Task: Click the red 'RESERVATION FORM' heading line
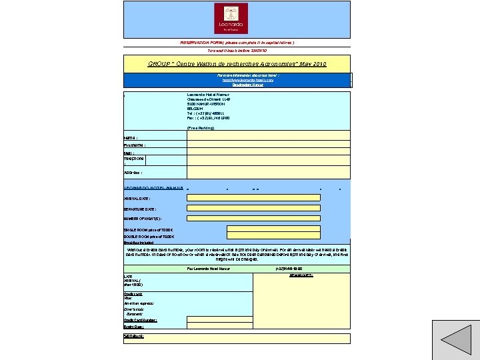point(237,42)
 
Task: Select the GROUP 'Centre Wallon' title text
point(237,63)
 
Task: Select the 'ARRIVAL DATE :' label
point(137,198)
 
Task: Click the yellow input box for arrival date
point(253,198)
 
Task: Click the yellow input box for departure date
point(253,209)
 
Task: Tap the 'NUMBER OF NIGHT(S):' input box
point(253,218)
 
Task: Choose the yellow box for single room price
point(273,229)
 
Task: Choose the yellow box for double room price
point(273,236)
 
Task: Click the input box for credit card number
point(220,319)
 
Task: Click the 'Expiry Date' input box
point(220,326)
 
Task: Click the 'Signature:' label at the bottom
point(134,336)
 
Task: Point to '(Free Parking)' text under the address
point(201,127)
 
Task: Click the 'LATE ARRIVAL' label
point(133,280)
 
